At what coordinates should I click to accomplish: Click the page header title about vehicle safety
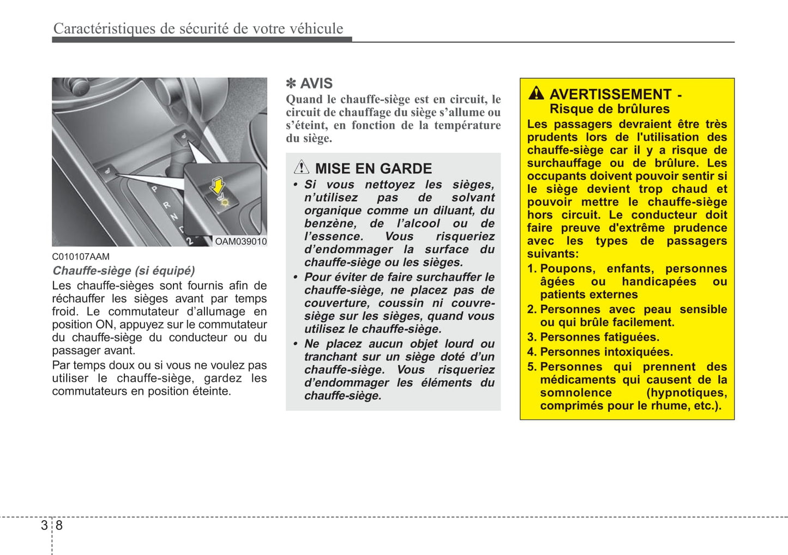(x=198, y=28)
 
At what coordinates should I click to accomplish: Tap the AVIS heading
(x=316, y=83)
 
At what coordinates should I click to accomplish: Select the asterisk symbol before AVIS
(x=291, y=83)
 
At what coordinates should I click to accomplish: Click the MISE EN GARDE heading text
(x=373, y=168)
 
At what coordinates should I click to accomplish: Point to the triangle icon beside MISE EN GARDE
(x=301, y=167)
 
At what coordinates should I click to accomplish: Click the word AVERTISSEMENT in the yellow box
(x=610, y=94)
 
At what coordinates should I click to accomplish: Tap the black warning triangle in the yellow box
(x=536, y=93)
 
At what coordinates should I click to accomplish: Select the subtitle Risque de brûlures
(x=609, y=109)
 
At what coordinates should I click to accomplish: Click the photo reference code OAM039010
(x=240, y=241)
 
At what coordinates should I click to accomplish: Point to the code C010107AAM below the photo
(x=81, y=257)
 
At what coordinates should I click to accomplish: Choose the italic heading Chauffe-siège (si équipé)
(x=123, y=271)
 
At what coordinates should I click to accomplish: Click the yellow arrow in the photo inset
(x=218, y=186)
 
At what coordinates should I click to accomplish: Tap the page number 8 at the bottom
(x=59, y=525)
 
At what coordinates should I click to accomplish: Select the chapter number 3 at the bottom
(x=44, y=525)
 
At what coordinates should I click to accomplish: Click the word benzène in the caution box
(x=330, y=223)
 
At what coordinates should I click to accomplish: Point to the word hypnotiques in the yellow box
(x=686, y=393)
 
